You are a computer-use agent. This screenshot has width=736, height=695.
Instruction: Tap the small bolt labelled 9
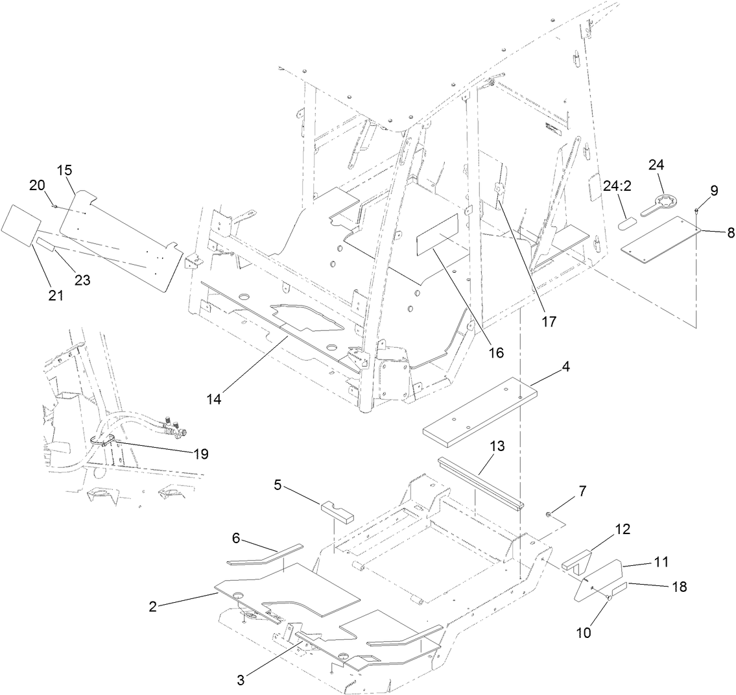pos(696,210)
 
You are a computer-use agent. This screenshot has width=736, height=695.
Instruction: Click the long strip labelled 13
pos(481,485)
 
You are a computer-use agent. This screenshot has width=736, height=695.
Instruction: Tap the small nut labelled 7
pos(549,515)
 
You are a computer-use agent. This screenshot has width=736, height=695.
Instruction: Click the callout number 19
pos(200,454)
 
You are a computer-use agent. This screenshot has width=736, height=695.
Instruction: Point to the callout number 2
pos(153,607)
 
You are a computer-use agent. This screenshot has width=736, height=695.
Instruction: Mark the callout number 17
pos(549,321)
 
